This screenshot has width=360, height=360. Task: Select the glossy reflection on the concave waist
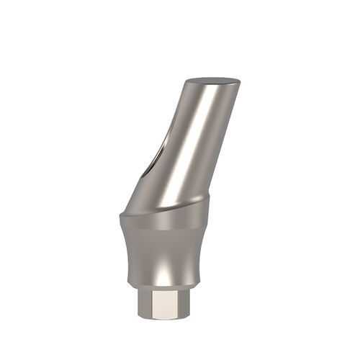165,270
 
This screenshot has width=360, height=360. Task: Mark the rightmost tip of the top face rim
240,79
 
